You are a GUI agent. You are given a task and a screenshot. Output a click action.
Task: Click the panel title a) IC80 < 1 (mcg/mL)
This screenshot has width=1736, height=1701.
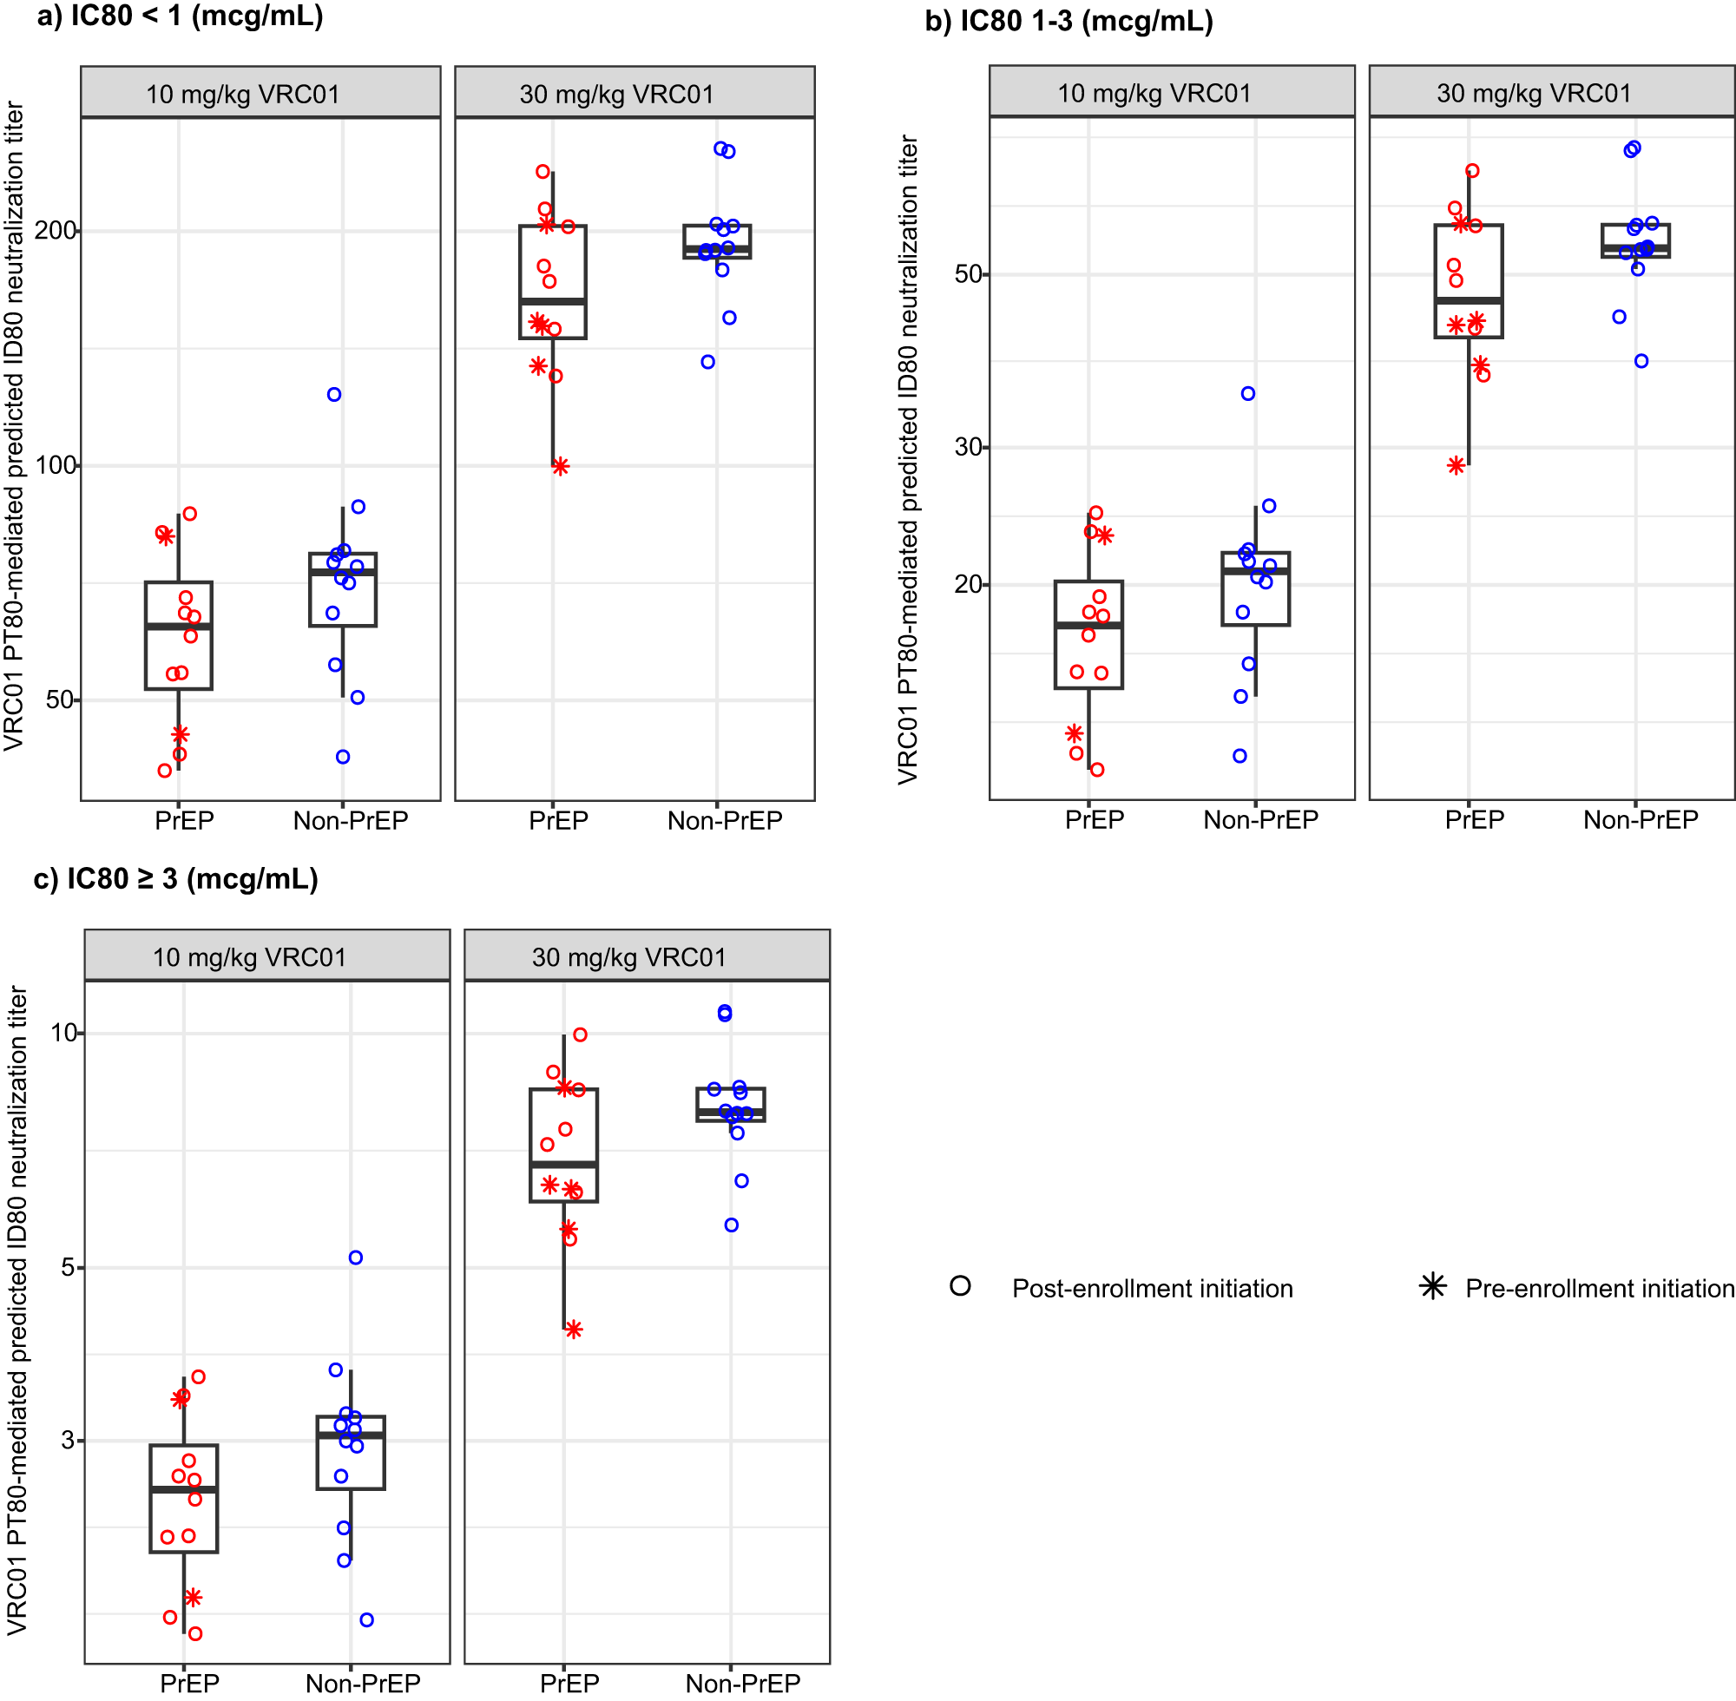point(180,16)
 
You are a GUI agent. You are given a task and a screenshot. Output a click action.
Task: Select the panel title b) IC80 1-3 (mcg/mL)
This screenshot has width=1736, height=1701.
point(1069,21)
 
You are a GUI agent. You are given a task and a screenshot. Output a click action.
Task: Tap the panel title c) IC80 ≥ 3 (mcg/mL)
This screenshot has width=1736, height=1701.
point(176,879)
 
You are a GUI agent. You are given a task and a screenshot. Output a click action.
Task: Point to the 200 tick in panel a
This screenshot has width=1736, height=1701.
point(56,232)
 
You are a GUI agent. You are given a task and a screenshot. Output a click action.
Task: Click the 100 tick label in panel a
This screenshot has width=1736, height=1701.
point(56,465)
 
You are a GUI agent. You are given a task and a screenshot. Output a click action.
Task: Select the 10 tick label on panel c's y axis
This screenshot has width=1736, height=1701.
point(64,1034)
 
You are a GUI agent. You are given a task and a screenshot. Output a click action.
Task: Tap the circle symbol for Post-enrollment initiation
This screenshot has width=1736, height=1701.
point(961,1286)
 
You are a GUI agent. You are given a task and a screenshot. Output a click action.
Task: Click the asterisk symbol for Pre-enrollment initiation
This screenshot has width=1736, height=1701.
point(1432,1286)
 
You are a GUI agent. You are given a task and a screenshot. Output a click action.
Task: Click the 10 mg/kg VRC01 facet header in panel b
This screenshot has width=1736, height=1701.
point(1171,93)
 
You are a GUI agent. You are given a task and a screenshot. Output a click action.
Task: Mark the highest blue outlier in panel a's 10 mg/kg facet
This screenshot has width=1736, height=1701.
point(334,395)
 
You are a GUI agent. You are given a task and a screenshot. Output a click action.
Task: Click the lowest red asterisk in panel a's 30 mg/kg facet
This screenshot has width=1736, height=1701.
point(560,466)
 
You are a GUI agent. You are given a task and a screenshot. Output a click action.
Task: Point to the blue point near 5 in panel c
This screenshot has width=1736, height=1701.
point(356,1258)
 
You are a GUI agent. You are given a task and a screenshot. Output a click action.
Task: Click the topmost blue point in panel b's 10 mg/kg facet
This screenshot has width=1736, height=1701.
point(1248,394)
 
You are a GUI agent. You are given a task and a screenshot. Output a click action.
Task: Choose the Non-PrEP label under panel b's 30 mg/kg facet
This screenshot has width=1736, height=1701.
point(1641,820)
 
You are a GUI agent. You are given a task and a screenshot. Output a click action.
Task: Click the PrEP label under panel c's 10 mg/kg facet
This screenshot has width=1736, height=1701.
point(189,1683)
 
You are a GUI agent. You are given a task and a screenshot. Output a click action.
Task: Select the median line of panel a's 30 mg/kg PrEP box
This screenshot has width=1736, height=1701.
point(553,301)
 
